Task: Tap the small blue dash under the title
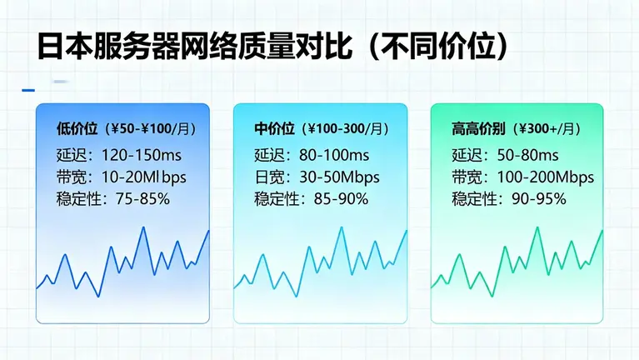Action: click(28, 89)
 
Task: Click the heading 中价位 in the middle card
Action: click(275, 129)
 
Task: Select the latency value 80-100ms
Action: click(334, 155)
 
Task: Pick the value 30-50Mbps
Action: click(341, 177)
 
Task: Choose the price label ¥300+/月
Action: click(545, 129)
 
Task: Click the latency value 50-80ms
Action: click(528, 155)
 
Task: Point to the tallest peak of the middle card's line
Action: click(341, 227)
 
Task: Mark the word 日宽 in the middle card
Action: click(268, 177)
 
